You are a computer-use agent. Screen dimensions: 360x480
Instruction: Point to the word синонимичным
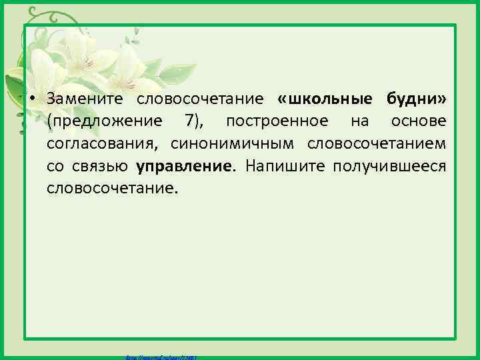tap(233, 144)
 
